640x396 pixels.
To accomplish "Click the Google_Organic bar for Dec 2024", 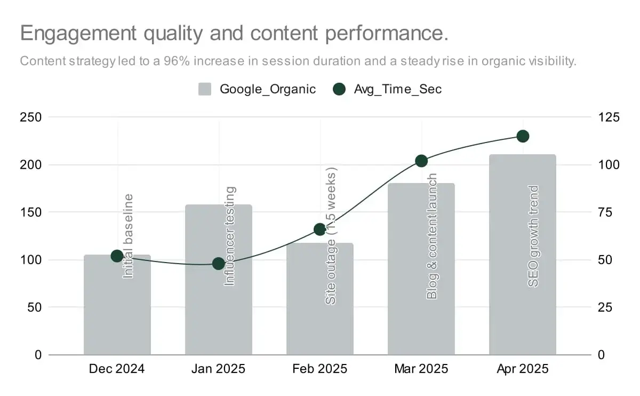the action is tap(117, 305).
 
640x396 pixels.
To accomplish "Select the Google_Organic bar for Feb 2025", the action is tap(319, 299).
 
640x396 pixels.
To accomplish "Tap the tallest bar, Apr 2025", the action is tap(523, 255).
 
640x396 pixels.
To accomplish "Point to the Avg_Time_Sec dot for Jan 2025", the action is tap(219, 263).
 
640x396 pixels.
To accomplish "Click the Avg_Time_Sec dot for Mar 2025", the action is tap(421, 161).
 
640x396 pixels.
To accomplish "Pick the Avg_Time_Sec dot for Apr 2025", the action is tap(523, 137).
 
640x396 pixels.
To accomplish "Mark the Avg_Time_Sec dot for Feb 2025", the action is tap(319, 229).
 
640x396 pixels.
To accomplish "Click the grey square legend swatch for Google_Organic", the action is tap(205, 89).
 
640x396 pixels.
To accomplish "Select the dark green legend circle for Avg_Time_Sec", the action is tap(339, 89).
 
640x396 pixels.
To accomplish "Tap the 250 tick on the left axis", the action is tap(30, 117).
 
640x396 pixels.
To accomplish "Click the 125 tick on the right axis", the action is tap(609, 117).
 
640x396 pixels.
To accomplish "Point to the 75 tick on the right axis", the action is tap(605, 212).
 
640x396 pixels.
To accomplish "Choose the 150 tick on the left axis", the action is tap(30, 212).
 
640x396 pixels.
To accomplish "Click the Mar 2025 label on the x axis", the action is tap(421, 369).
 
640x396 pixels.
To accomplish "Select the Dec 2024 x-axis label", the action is tap(117, 369).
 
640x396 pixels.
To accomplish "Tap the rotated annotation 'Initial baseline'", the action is tap(128, 236).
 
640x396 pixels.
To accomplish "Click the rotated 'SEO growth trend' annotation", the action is tap(533, 236).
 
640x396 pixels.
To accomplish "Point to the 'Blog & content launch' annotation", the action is tap(431, 236).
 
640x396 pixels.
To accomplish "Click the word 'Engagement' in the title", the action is tap(78, 34).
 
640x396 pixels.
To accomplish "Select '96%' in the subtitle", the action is tap(177, 61).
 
